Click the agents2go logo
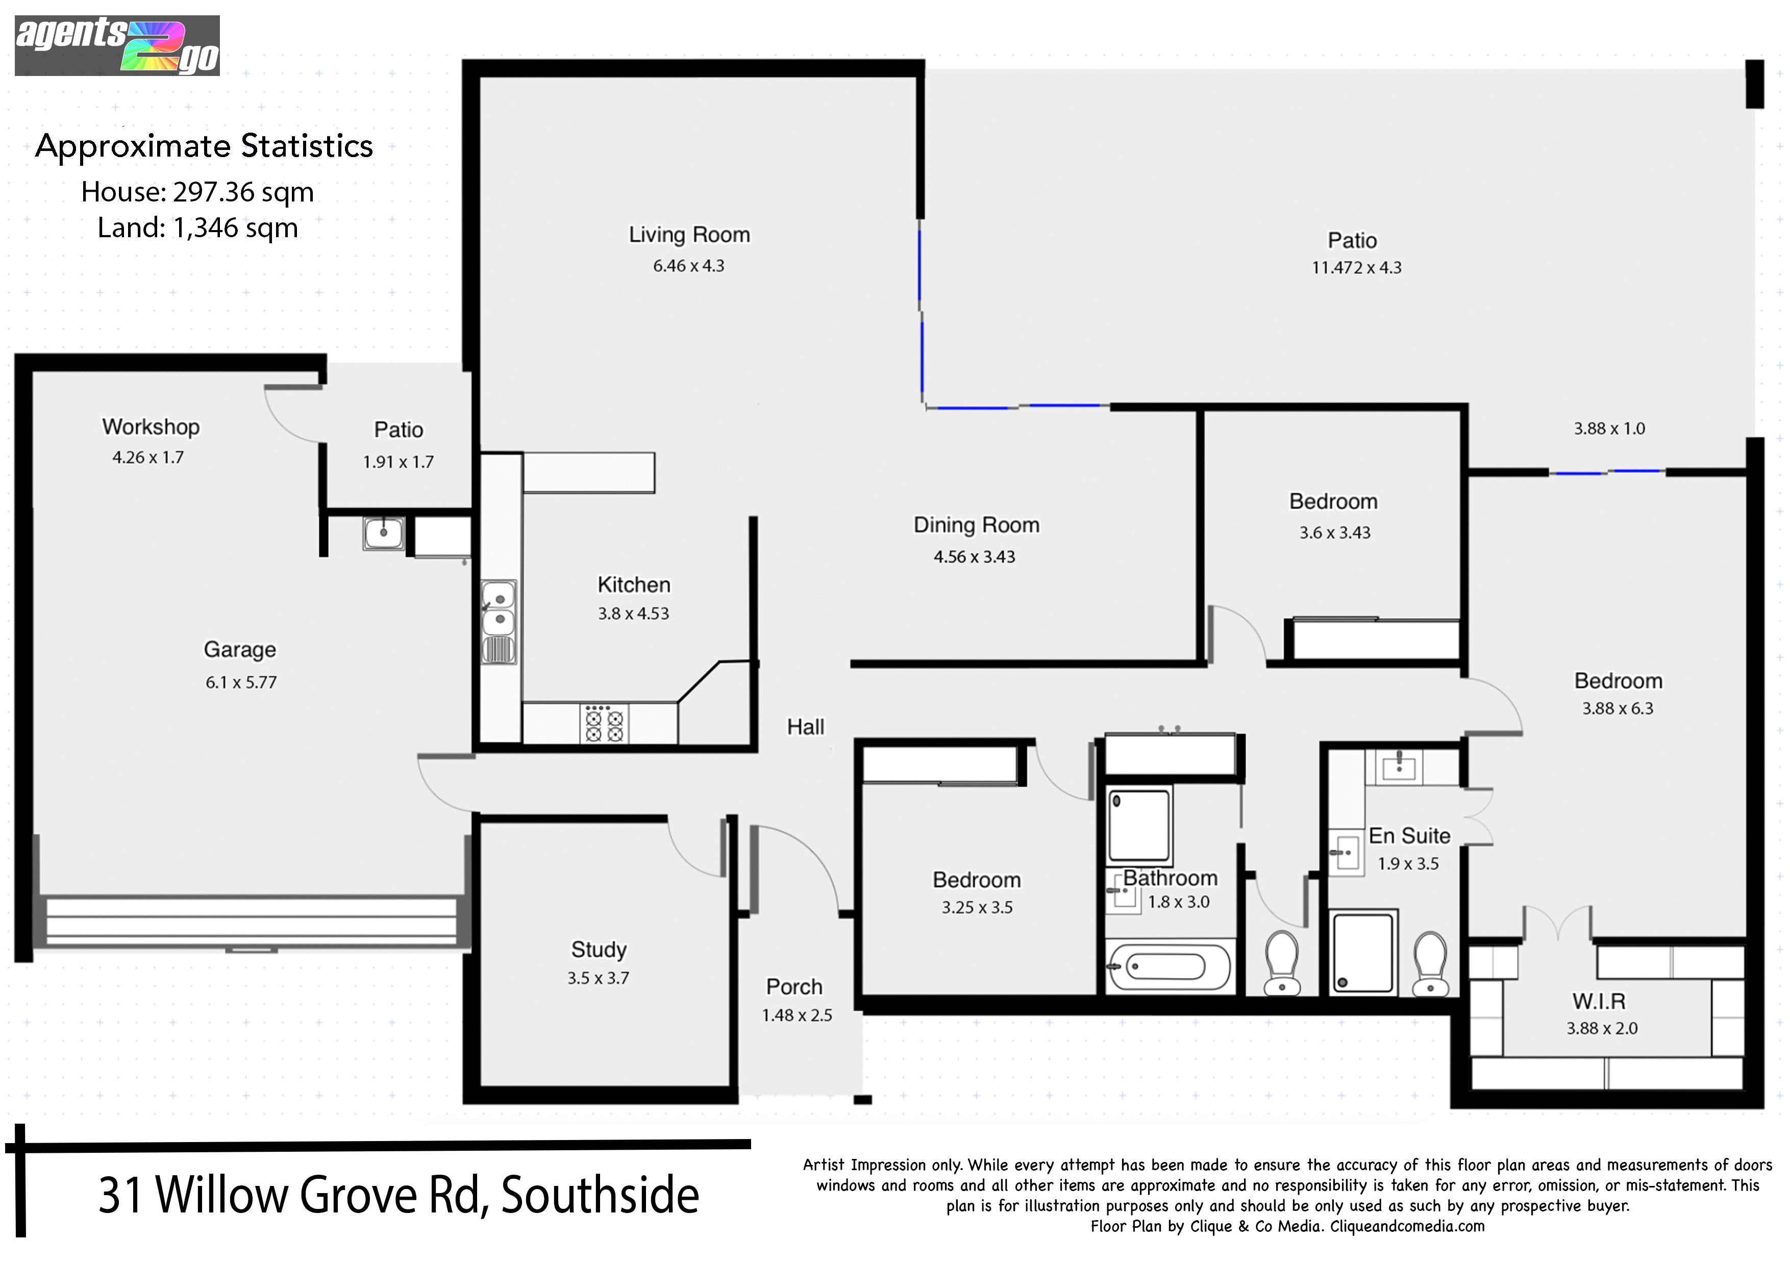point(117,45)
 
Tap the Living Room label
point(689,235)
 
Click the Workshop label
point(151,427)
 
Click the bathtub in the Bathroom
point(1170,967)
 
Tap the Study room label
point(599,949)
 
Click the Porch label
point(794,986)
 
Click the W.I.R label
point(1599,1001)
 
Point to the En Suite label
point(1409,836)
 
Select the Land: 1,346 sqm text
point(198,227)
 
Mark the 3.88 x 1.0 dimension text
point(1609,428)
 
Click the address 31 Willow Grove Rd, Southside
point(399,1195)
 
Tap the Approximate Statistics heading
point(204,146)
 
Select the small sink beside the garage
point(384,533)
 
